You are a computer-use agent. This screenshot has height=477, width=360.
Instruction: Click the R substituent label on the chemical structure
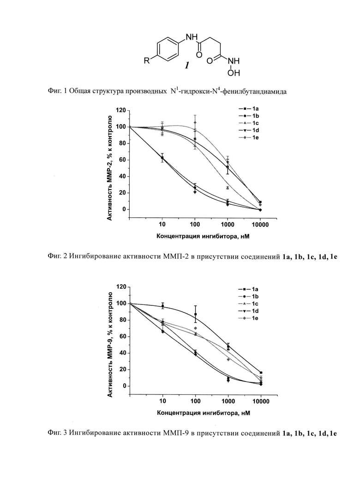click(x=147, y=61)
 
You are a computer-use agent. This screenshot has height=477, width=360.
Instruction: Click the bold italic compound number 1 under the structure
click(x=187, y=66)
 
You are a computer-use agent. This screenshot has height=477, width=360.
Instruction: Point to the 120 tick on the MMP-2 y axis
click(x=121, y=110)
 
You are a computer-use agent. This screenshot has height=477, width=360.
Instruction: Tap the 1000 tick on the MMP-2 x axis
click(x=228, y=225)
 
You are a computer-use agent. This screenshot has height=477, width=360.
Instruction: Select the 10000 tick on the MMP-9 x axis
click(x=261, y=401)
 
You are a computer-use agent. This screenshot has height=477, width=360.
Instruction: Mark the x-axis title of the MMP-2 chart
click(x=203, y=236)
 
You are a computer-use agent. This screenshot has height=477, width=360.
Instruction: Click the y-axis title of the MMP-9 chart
click(x=110, y=344)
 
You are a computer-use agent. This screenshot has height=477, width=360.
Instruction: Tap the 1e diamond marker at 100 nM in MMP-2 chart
click(x=195, y=123)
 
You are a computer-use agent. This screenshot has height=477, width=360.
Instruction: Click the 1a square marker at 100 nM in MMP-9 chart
click(x=195, y=314)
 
